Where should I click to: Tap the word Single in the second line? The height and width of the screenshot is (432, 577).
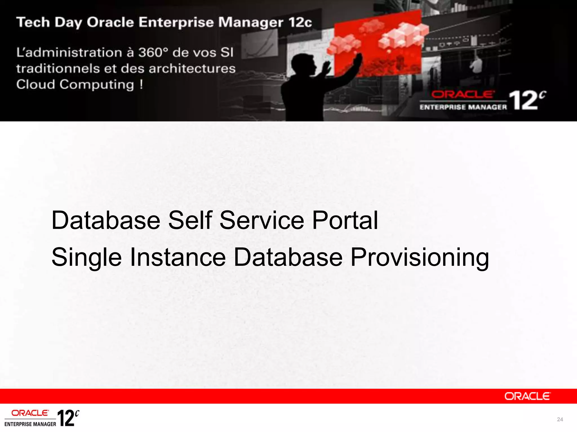coord(86,258)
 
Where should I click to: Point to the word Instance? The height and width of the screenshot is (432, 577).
coord(177,257)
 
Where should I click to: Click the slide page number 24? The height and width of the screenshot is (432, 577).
coord(560,419)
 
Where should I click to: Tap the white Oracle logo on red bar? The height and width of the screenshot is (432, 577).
coord(527,396)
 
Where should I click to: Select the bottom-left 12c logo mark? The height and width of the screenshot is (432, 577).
coord(68,418)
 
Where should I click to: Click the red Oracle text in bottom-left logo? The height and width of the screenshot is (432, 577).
coord(30,413)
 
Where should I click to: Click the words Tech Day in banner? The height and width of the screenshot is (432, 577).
coord(49,22)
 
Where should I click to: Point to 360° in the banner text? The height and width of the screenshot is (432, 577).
coord(153,53)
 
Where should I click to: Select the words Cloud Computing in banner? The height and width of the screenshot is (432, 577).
coord(75,84)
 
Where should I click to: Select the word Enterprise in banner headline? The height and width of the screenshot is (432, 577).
coord(176,22)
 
